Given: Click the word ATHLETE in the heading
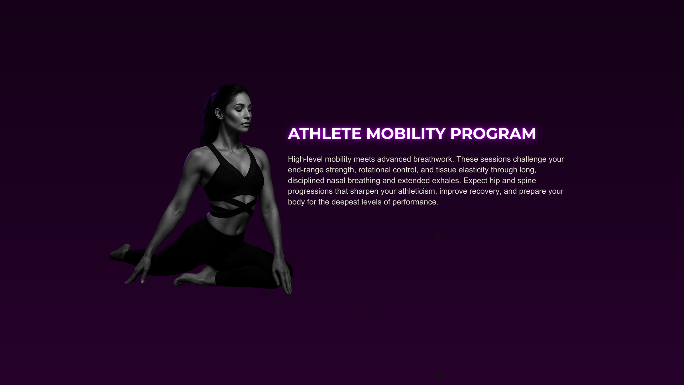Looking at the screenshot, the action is tap(325, 133).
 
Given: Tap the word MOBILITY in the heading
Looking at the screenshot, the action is tap(406, 133).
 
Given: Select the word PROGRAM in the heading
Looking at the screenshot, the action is tap(493, 133).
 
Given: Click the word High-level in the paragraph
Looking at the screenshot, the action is tap(305, 159).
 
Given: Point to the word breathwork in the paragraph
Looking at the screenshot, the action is tap(433, 159).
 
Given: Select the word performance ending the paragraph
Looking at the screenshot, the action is tap(415, 202).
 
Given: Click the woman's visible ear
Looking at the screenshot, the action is tap(219, 114).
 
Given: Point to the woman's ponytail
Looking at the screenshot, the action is tap(207, 120).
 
